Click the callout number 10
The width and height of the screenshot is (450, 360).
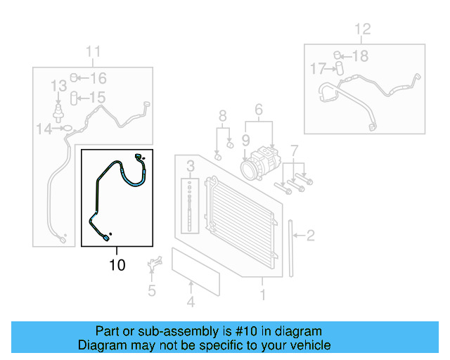point(117,264)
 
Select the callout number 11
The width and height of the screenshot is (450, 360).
point(93,51)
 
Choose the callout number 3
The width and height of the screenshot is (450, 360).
point(258,109)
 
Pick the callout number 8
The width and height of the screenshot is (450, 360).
point(222,115)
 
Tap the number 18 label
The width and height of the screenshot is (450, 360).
point(359,56)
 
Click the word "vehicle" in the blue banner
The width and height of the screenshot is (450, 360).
point(306,345)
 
